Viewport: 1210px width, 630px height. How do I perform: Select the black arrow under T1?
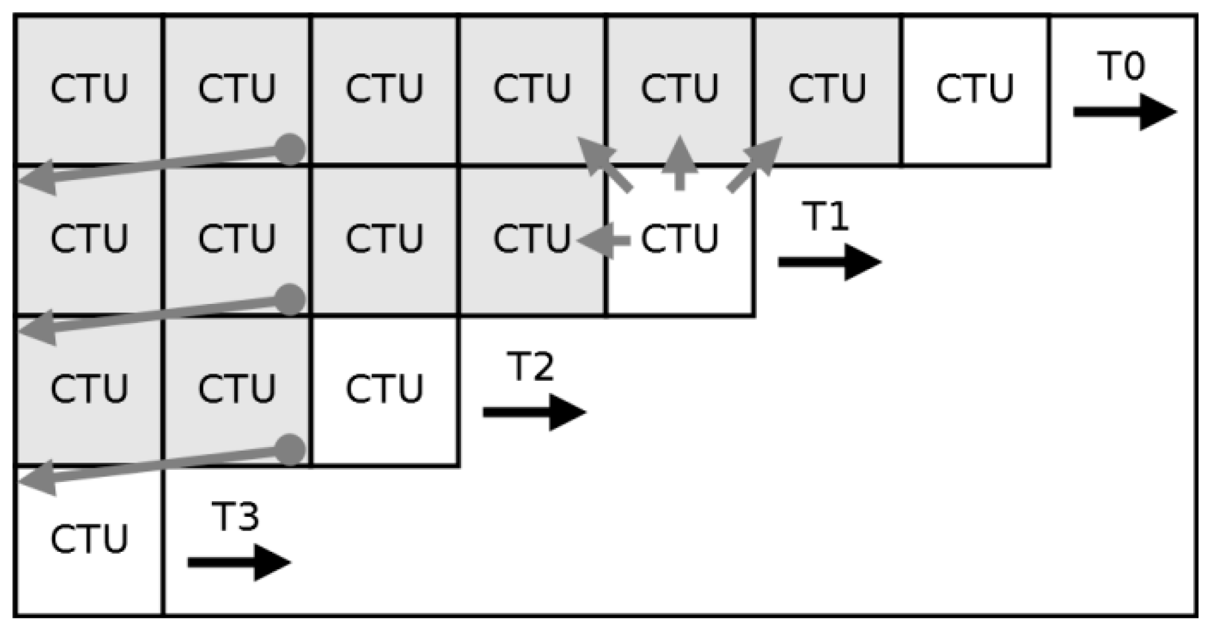tap(830, 262)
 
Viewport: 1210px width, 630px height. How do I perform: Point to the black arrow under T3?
tap(239, 563)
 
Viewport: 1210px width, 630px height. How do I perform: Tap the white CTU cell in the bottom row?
tap(89, 540)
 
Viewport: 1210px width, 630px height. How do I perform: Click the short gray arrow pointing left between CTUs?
tap(604, 241)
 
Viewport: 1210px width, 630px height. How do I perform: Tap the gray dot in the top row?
tap(291, 149)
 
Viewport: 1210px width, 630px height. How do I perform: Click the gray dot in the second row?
tap(291, 300)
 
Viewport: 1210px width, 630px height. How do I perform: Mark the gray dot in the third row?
tap(291, 450)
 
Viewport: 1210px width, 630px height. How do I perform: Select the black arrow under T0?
tap(1125, 112)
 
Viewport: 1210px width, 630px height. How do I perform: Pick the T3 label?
tap(236, 516)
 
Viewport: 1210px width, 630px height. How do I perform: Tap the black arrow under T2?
tap(534, 412)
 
